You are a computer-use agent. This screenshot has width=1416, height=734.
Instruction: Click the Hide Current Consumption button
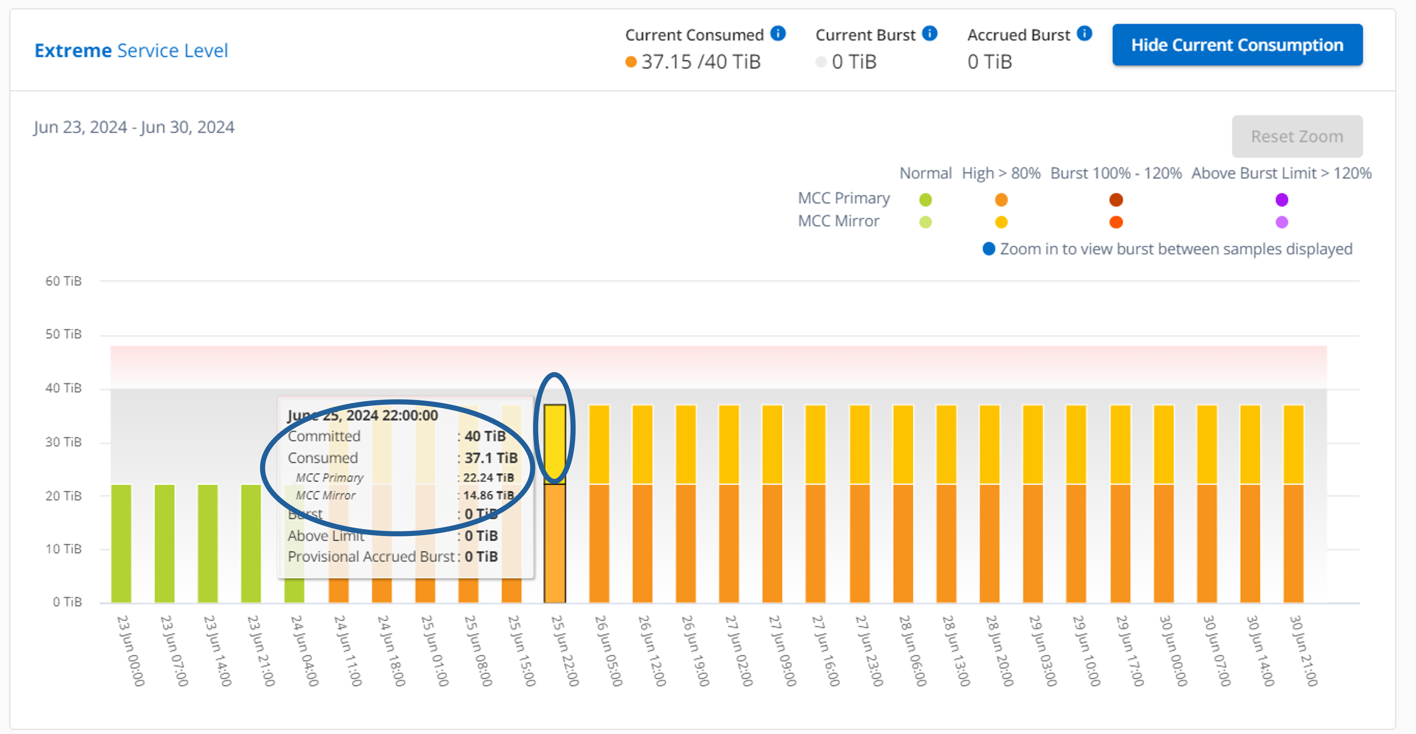(1237, 45)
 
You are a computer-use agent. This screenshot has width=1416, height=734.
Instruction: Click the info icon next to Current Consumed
(778, 33)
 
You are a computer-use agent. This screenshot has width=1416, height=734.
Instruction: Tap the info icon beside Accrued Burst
(1084, 33)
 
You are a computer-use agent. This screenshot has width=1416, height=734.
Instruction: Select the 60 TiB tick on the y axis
(63, 281)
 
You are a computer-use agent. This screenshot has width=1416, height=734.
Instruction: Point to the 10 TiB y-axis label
(63, 549)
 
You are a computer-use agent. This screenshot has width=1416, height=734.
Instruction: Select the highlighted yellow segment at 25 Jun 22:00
(555, 444)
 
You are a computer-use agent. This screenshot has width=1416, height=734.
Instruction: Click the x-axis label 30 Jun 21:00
(1303, 651)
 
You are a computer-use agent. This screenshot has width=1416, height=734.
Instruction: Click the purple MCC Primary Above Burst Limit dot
(1281, 199)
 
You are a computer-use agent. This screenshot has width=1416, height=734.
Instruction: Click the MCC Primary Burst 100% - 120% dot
(1116, 199)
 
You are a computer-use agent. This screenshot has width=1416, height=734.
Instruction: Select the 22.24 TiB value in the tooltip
(488, 478)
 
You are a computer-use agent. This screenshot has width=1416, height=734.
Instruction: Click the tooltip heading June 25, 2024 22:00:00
(363, 415)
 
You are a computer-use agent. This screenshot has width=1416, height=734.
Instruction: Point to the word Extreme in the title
(73, 51)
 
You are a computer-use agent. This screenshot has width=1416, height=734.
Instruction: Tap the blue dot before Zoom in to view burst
(988, 249)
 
